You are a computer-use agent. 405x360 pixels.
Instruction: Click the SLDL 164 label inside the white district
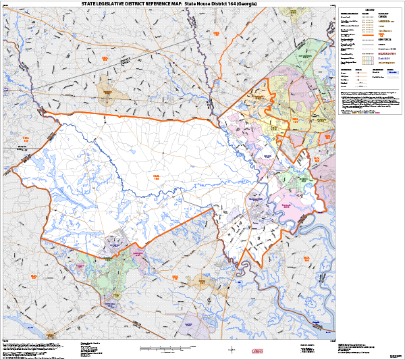(x=157, y=177)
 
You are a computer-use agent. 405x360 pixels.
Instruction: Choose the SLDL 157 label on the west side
(x=26, y=140)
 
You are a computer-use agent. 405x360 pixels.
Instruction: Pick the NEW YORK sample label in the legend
(x=385, y=40)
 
